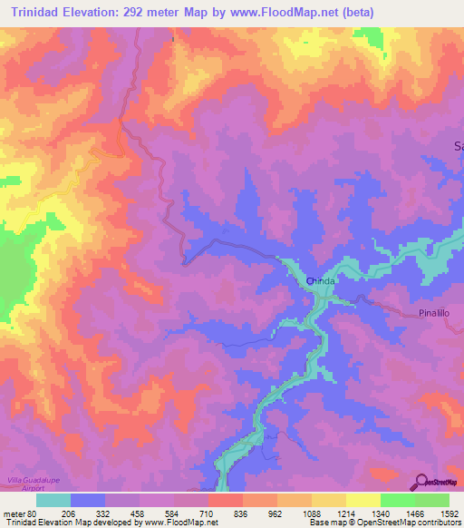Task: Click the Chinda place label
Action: (320, 281)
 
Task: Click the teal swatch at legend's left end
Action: (53, 500)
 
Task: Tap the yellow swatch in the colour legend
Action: (362, 500)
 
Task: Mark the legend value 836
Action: (243, 512)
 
